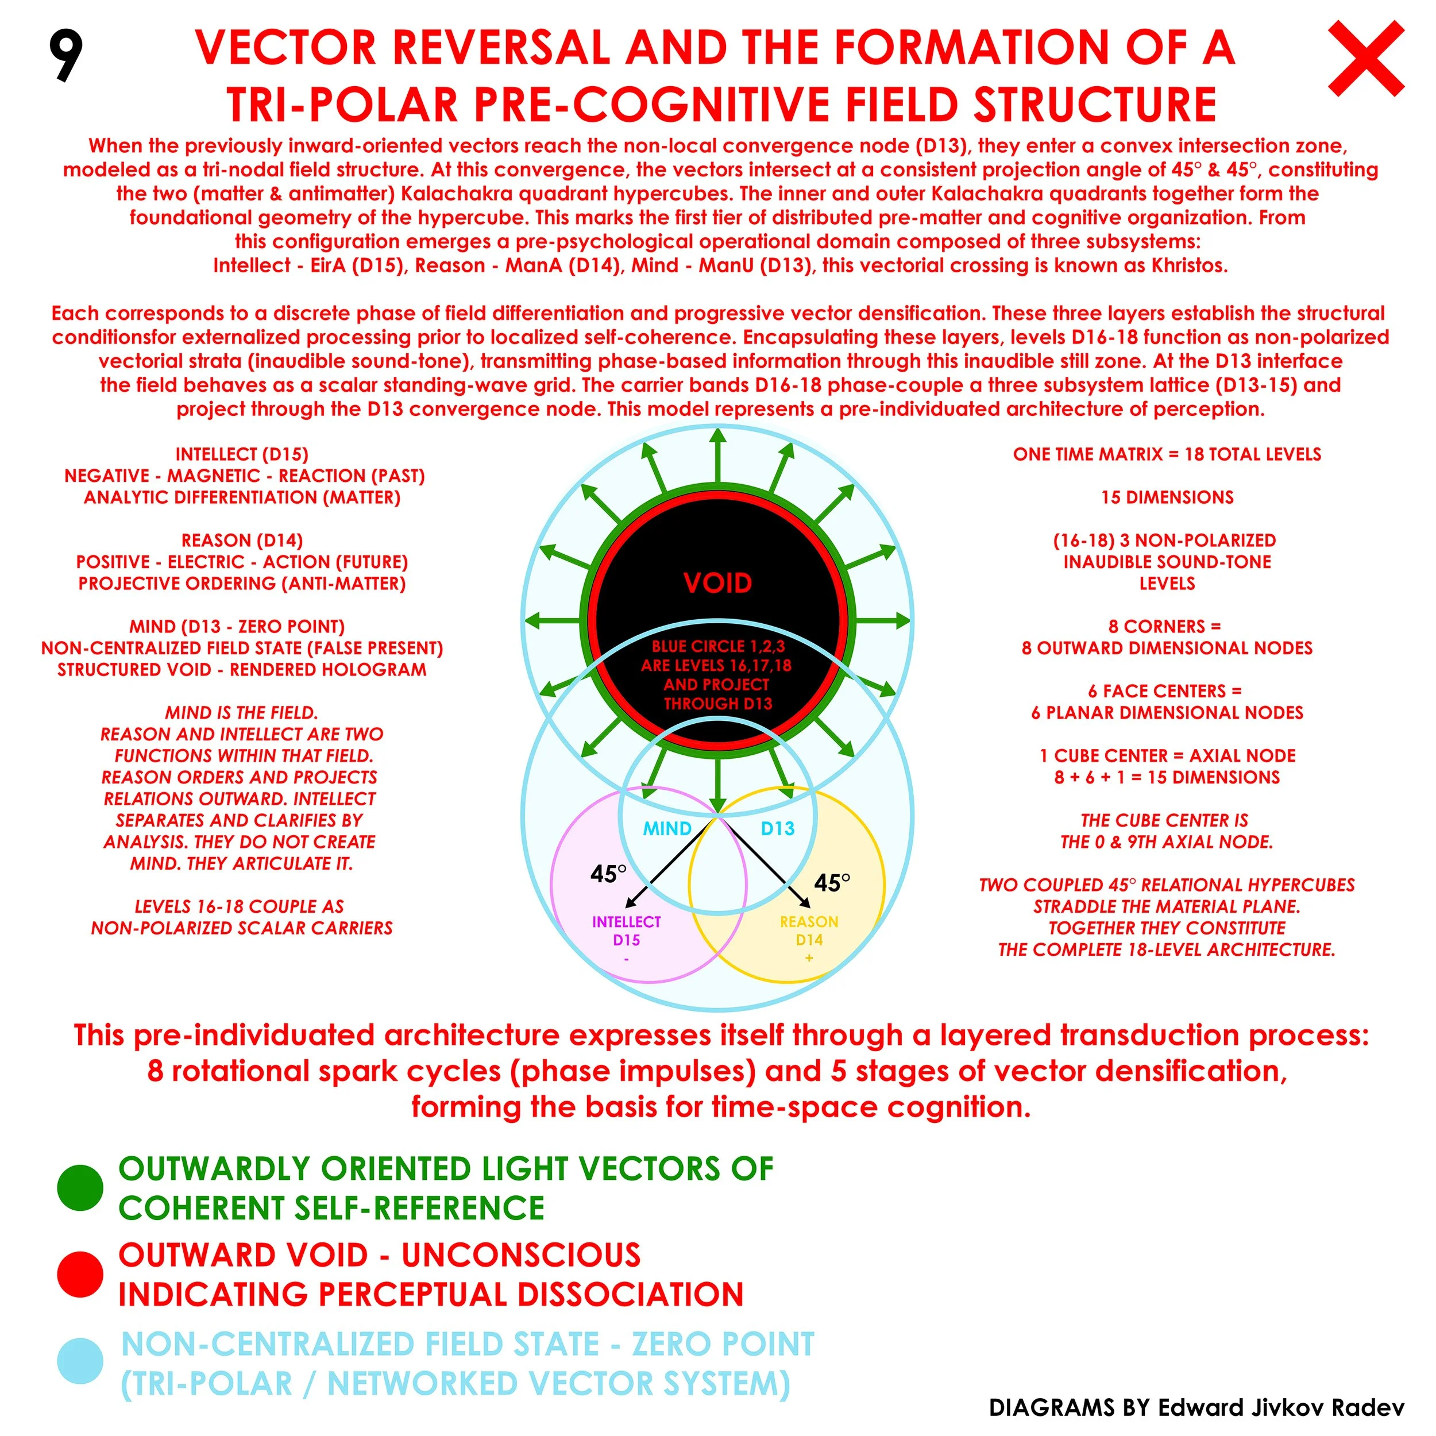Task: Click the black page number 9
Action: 65,55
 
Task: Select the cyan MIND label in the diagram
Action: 667,829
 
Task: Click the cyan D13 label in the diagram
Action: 778,829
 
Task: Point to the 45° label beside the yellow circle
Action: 832,883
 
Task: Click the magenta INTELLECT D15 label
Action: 627,931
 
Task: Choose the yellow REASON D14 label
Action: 809,931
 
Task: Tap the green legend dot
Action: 79,1188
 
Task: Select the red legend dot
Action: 79,1274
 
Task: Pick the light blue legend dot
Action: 79,1361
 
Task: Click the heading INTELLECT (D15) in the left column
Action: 242,454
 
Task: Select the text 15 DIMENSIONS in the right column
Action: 1167,497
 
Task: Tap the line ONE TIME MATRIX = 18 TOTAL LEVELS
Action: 1167,454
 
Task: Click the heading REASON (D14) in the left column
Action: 242,541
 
